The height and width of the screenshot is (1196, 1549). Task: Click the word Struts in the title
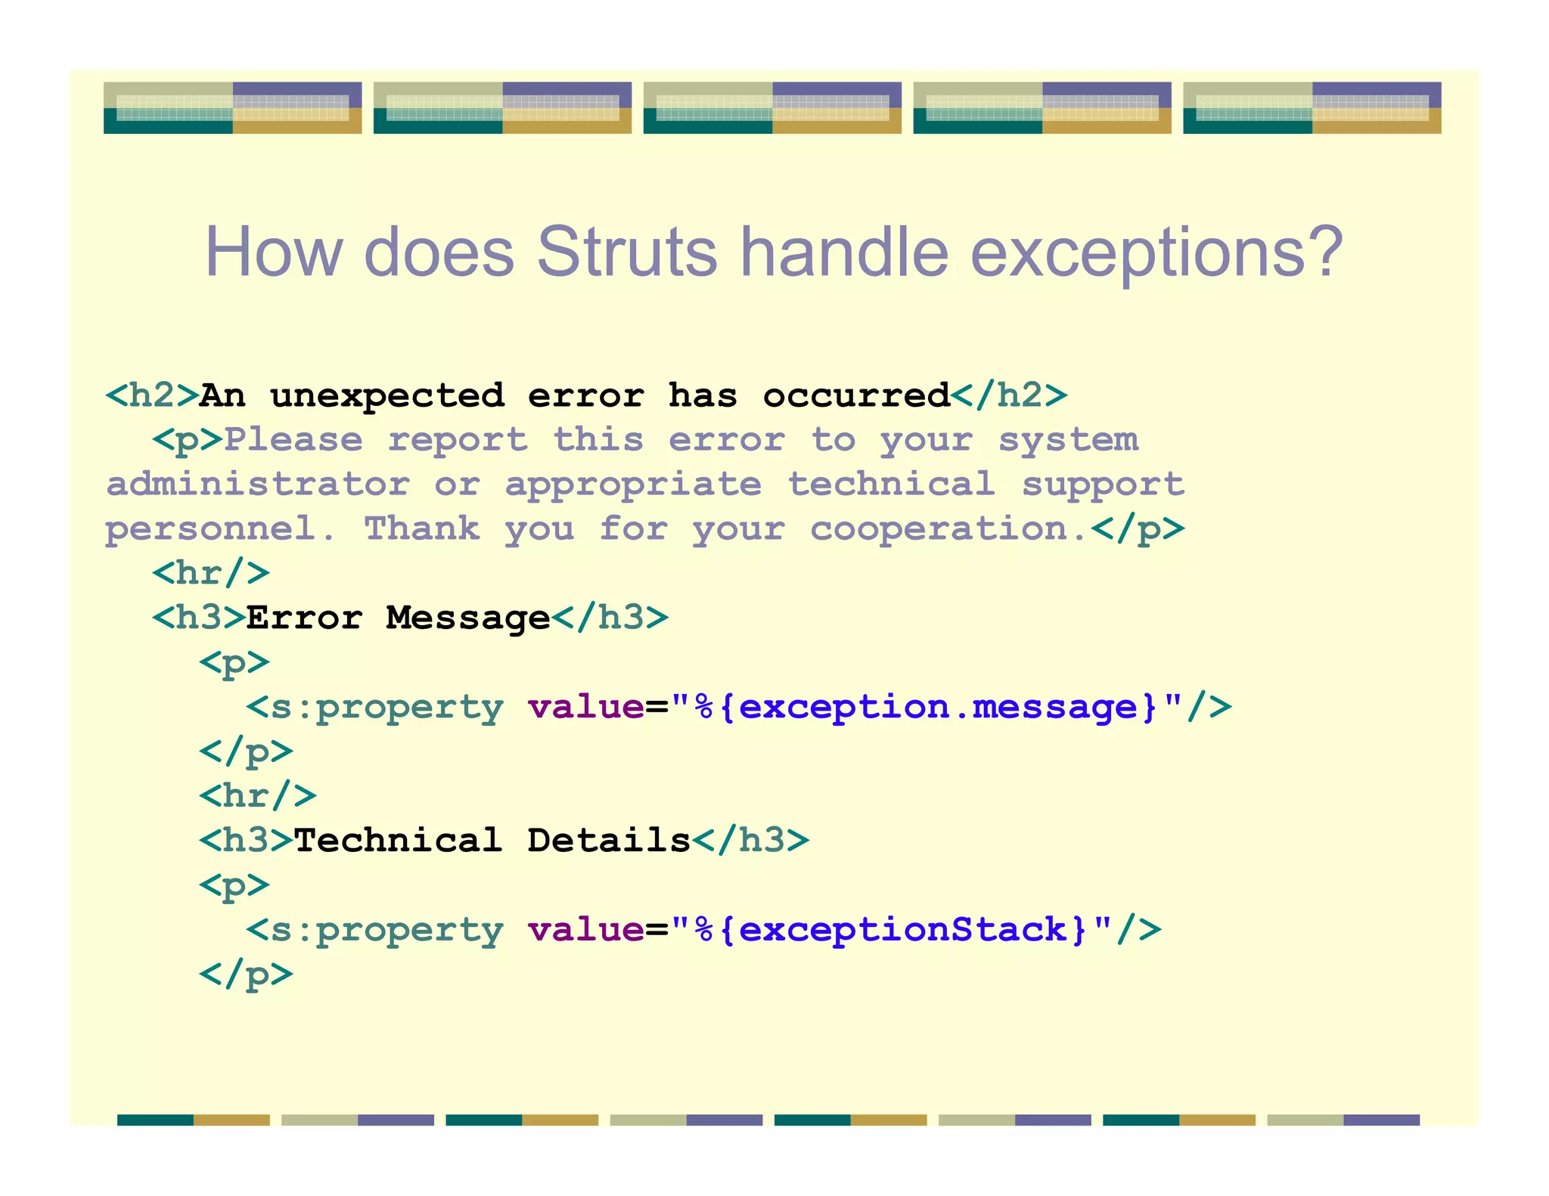click(x=626, y=252)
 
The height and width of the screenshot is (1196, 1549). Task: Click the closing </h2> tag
click(x=1009, y=395)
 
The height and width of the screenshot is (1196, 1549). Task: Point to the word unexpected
click(x=386, y=395)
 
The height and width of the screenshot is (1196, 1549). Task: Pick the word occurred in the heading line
click(x=856, y=395)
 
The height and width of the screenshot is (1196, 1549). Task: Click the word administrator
click(x=258, y=484)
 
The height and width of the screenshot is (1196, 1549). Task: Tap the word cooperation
click(x=948, y=528)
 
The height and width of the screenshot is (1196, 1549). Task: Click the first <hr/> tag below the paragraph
click(x=211, y=573)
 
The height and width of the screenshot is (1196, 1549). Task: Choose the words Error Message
click(x=398, y=618)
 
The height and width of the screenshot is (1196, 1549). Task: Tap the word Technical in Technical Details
click(x=398, y=840)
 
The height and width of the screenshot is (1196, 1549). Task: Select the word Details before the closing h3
click(x=609, y=840)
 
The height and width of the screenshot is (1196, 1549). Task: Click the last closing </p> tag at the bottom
click(x=246, y=974)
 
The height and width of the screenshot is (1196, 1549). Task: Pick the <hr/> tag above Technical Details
click(x=258, y=795)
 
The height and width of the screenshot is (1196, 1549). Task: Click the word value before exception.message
click(x=586, y=707)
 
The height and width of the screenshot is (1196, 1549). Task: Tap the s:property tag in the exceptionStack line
click(x=375, y=929)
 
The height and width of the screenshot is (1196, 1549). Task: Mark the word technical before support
click(x=891, y=484)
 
